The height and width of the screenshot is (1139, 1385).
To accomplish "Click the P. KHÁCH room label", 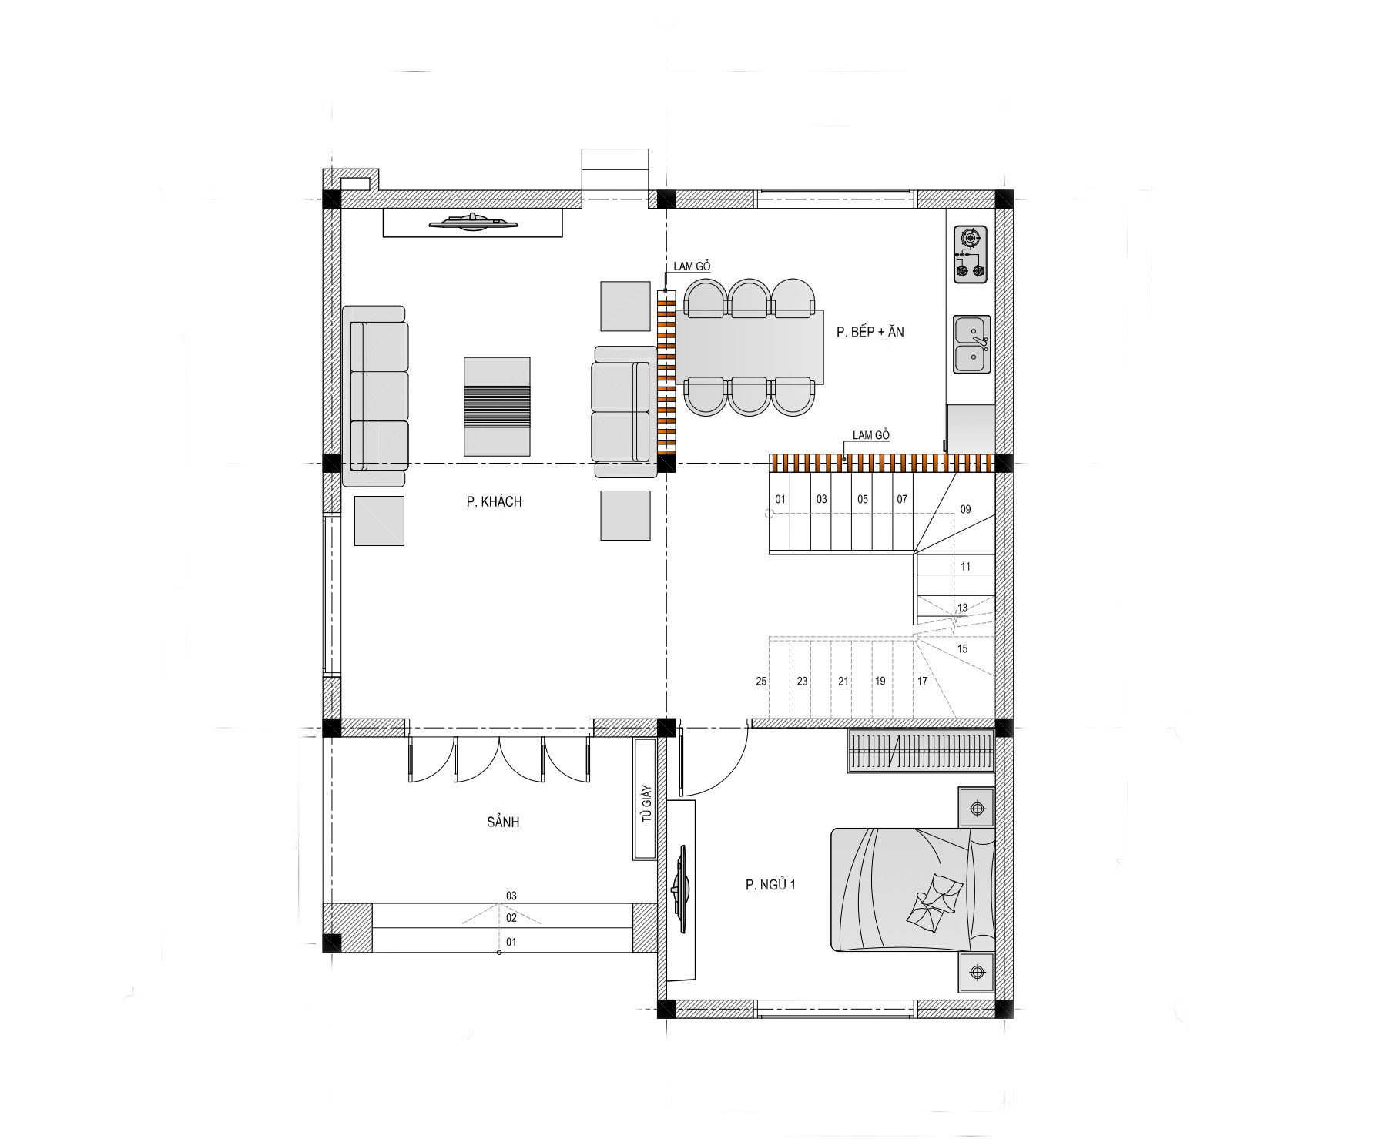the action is pos(494,502).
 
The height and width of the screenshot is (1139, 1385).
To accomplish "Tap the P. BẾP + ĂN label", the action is pos(870,332).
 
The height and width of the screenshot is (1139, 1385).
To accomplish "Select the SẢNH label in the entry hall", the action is pos(503,822).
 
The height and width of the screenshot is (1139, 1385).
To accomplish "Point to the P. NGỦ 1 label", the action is pos(770,885).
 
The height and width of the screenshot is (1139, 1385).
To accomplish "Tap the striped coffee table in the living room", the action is pos(497,406).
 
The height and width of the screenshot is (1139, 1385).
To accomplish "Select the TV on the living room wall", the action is pos(473,223).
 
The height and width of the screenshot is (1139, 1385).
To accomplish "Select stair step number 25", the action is pos(761,682).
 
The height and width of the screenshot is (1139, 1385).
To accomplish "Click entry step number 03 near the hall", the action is pos(511,896).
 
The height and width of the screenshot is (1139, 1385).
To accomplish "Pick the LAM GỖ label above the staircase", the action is pos(870,435).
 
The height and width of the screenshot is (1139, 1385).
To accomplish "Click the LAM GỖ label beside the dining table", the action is pos(692,266).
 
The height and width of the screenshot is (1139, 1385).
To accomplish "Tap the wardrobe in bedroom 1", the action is pos(921,752).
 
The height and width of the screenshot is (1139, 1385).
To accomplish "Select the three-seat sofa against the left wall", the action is pos(375,396).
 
